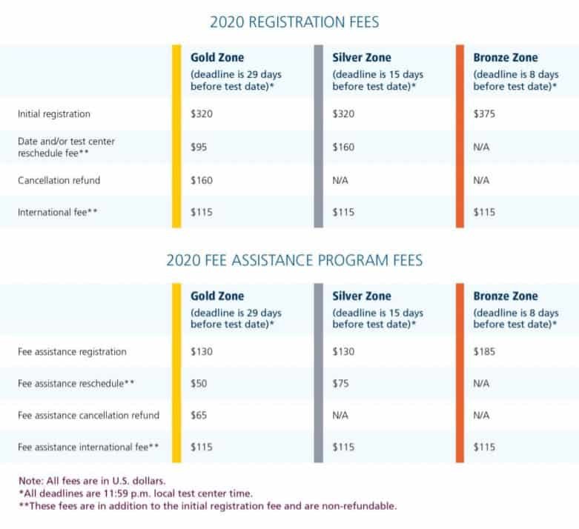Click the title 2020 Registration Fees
coord(294,22)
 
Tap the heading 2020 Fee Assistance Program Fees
coord(294,260)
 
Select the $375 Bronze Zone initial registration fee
coord(485,115)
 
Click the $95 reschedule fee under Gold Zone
coord(199,147)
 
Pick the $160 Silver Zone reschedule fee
coord(344,147)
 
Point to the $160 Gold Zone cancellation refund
coord(202,180)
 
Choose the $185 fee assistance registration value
coord(485,352)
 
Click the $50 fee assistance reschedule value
coord(199,384)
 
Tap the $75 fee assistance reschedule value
coord(341,384)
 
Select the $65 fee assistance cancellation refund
coord(199,416)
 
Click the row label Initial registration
coord(54,115)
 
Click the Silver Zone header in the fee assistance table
coord(362,296)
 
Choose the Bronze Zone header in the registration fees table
coord(506,58)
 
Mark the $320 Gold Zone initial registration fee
coord(202,115)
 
